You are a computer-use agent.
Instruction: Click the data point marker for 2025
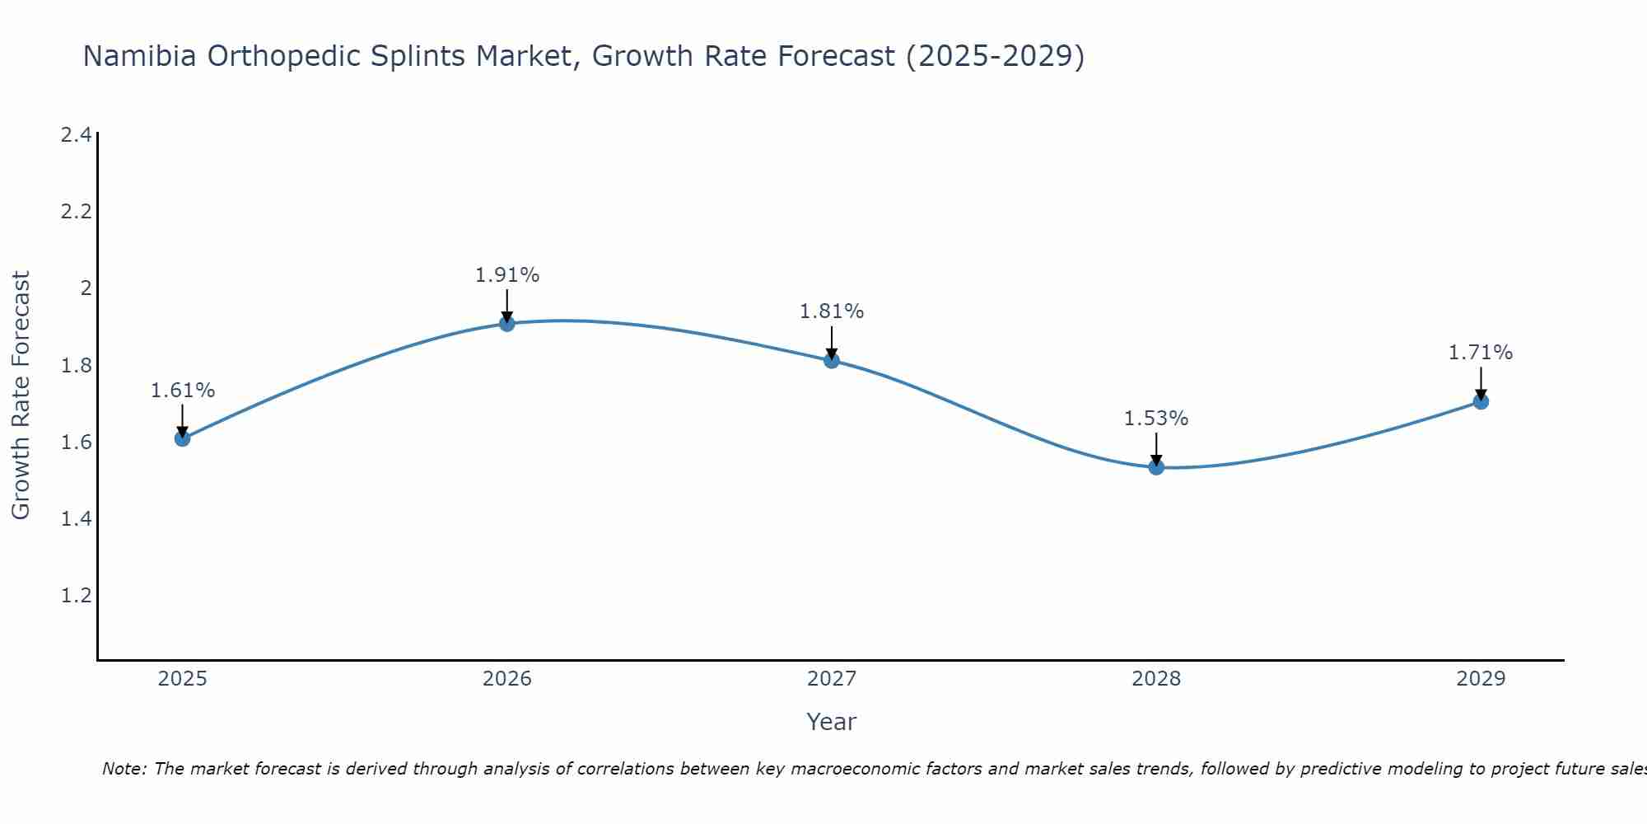(x=183, y=438)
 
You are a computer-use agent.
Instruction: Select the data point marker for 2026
(x=507, y=324)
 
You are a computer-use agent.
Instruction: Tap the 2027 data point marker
(x=832, y=360)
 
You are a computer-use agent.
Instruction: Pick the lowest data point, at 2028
(x=1156, y=467)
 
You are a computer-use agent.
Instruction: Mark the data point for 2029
(x=1481, y=401)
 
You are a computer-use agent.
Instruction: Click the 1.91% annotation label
(x=507, y=275)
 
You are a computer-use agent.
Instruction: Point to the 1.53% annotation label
(x=1156, y=419)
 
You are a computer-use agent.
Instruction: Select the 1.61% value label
(x=183, y=391)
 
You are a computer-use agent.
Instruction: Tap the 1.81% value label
(x=832, y=311)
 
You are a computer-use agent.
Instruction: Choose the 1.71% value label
(x=1481, y=353)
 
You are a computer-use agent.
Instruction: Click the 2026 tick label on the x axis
(x=507, y=679)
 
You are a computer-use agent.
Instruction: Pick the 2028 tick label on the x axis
(x=1156, y=679)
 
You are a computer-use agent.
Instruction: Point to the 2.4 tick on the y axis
(x=76, y=135)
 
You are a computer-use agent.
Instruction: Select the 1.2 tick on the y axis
(x=76, y=595)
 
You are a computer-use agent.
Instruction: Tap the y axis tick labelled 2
(x=85, y=288)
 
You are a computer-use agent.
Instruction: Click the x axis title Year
(x=832, y=722)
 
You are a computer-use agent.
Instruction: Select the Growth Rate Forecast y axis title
(x=21, y=396)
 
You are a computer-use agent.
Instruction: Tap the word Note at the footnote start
(x=124, y=769)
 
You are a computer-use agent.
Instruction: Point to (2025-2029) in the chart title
(x=995, y=56)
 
